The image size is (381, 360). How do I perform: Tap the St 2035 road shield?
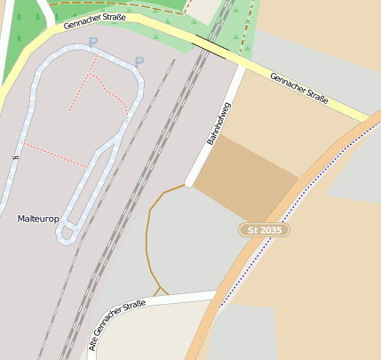pos(265,230)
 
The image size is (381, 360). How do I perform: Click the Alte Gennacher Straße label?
pos(116,324)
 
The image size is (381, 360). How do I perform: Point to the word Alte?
pos(95,341)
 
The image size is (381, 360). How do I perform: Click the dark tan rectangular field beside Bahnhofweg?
pos(245,178)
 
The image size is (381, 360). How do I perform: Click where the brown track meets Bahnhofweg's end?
pos(187,185)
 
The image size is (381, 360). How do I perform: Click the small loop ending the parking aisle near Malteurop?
pos(66,234)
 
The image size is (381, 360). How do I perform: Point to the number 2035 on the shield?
pos(272,230)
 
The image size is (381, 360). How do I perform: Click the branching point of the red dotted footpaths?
pos(95,75)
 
